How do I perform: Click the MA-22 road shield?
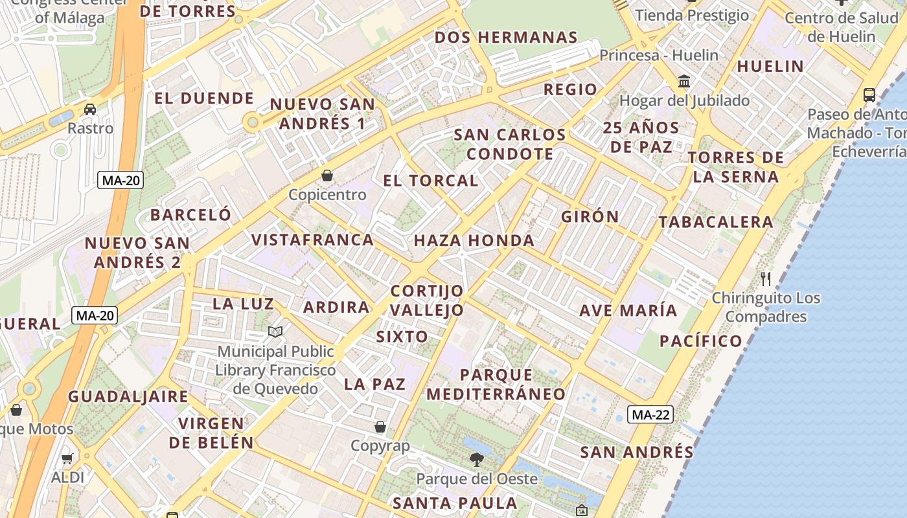(x=650, y=414)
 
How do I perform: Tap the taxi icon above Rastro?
(x=90, y=109)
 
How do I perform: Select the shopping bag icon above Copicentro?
(x=327, y=175)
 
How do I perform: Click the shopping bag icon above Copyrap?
(x=380, y=427)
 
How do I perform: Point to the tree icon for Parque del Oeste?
(x=476, y=460)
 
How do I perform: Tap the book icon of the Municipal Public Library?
(x=275, y=332)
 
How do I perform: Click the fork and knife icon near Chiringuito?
(x=766, y=279)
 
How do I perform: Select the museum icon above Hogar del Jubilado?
(x=684, y=82)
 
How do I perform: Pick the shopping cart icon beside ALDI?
(x=67, y=459)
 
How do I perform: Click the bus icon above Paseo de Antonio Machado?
(x=869, y=95)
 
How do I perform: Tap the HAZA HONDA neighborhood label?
(x=474, y=241)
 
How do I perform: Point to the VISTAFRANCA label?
(x=313, y=240)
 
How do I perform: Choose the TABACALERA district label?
(x=716, y=222)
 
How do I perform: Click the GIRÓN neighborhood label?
(x=590, y=216)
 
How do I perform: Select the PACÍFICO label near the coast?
(x=701, y=341)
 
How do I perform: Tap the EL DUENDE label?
(x=204, y=98)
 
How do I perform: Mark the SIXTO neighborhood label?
(x=402, y=337)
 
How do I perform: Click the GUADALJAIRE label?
(x=128, y=396)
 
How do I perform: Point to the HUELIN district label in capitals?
(x=770, y=66)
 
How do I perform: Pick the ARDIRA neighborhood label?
(x=336, y=307)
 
